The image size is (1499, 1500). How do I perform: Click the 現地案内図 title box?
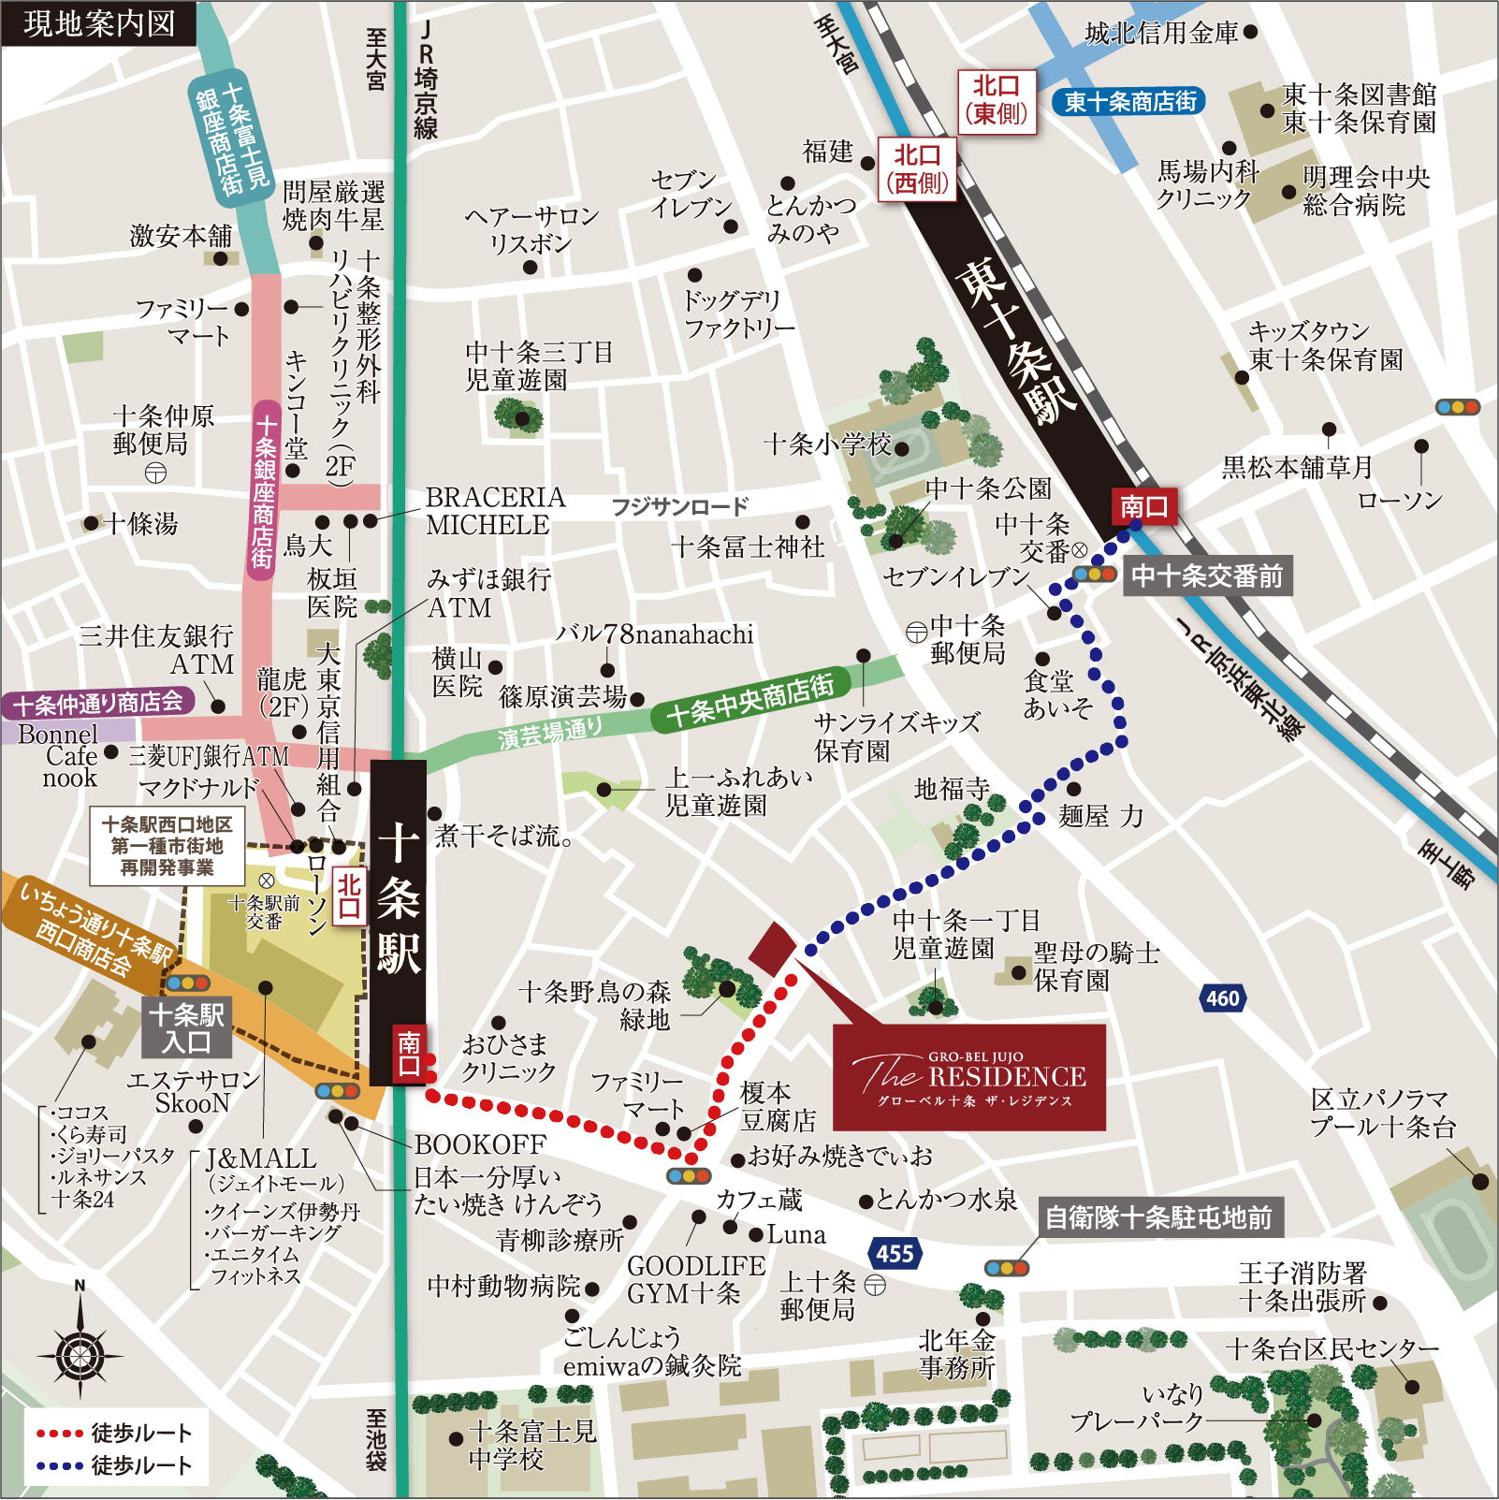(99, 23)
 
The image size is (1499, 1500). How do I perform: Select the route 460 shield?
(1222, 998)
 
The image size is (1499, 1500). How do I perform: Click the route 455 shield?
(895, 1253)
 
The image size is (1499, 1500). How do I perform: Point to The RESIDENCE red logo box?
(969, 1077)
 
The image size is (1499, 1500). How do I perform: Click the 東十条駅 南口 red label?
(1142, 506)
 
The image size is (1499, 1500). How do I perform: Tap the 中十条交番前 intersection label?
(1207, 575)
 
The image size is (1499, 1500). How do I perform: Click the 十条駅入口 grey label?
(186, 1027)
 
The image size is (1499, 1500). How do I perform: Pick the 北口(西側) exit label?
(917, 169)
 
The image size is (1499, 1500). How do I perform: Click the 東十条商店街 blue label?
(1129, 101)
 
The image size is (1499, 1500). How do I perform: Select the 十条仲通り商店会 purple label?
(98, 703)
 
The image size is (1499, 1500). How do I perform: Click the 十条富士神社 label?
(749, 546)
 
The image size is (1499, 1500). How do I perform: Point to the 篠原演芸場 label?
(563, 696)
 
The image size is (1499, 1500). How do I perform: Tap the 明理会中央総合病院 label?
(1365, 191)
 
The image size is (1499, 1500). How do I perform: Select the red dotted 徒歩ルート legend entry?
(113, 1433)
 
